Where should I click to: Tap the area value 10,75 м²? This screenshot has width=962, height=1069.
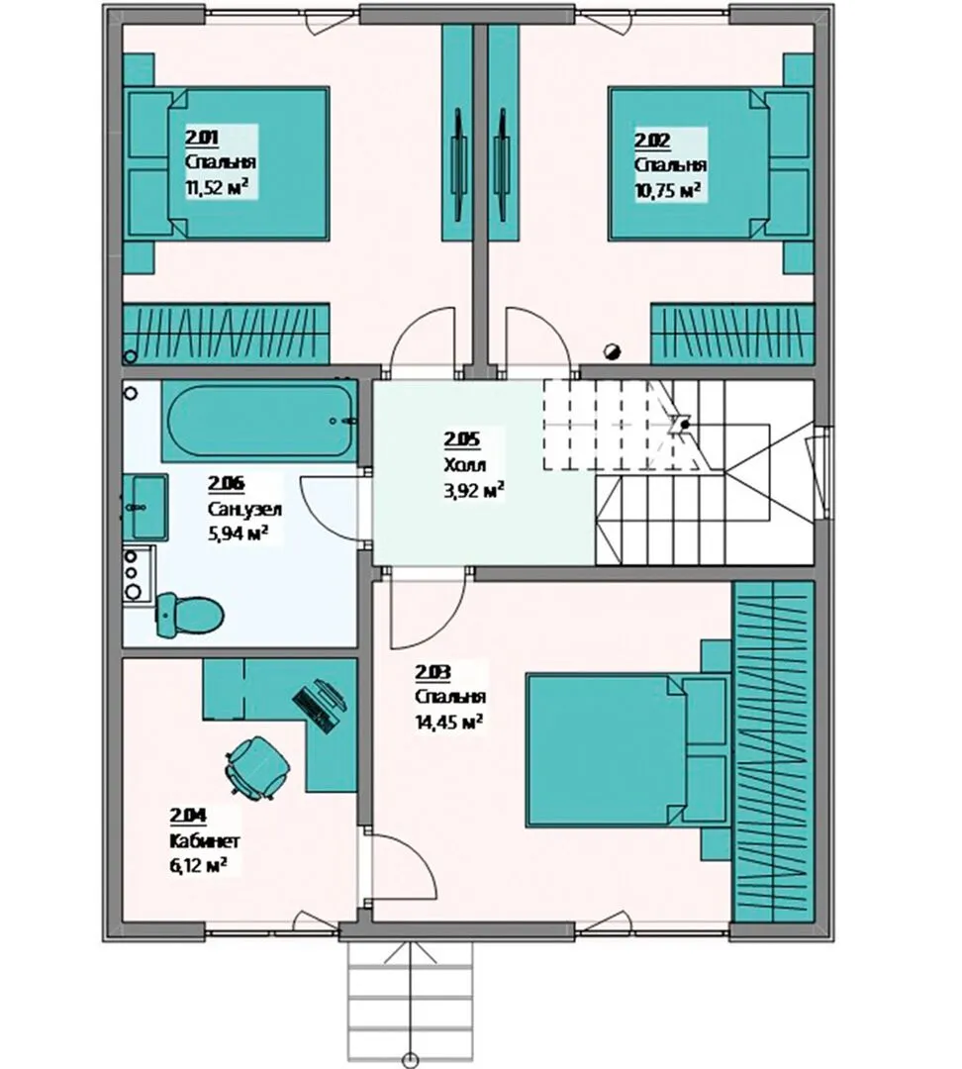pyautogui.click(x=668, y=190)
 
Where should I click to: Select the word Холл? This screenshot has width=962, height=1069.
pyautogui.click(x=465, y=465)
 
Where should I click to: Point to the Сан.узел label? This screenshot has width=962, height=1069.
pyautogui.click(x=244, y=509)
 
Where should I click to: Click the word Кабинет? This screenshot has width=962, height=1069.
pyautogui.click(x=205, y=840)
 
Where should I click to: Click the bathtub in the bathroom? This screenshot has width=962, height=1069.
pyautogui.click(x=259, y=421)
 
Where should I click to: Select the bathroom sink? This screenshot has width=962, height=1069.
pyautogui.click(x=145, y=507)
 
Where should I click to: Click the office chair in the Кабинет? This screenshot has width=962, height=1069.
pyautogui.click(x=258, y=766)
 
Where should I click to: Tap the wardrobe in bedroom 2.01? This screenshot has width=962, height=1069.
pyautogui.click(x=226, y=335)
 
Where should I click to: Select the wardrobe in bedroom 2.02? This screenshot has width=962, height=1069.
pyautogui.click(x=733, y=335)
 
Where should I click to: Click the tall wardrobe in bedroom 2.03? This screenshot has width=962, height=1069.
pyautogui.click(x=774, y=752)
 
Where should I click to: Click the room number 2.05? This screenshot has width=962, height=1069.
pyautogui.click(x=461, y=439)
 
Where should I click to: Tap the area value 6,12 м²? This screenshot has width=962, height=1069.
pyautogui.click(x=198, y=866)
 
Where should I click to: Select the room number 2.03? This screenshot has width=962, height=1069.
pyautogui.click(x=433, y=672)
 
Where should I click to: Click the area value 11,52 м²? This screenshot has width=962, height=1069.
pyautogui.click(x=217, y=187)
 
